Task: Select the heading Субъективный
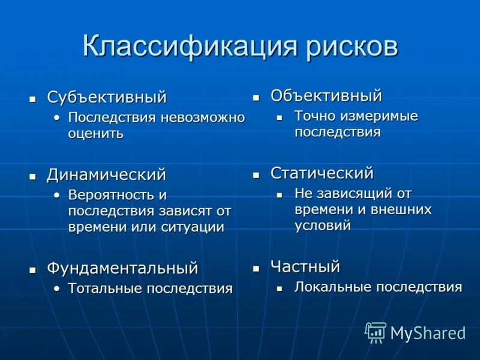(107, 97)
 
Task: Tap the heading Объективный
(326, 95)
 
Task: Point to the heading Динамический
(106, 175)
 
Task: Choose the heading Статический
(322, 173)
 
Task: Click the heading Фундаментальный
(122, 268)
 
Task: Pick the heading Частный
(305, 266)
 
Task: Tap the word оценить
(95, 133)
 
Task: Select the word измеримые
(379, 116)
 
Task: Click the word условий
(322, 226)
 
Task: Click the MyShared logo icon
(376, 332)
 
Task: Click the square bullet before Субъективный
(34, 98)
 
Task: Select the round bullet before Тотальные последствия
(56, 289)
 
